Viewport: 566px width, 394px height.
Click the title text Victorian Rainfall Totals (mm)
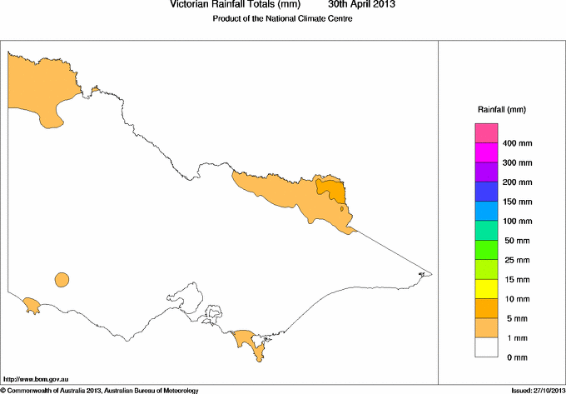tap(235, 5)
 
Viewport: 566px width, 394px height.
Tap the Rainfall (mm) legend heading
tap(501, 110)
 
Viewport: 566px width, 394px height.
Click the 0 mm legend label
tap(514, 357)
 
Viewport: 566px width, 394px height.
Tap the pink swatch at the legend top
tap(486, 133)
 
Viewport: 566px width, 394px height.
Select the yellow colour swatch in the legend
tap(486, 288)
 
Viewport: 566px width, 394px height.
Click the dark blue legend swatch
tap(486, 192)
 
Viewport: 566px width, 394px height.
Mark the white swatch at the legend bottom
tap(486, 347)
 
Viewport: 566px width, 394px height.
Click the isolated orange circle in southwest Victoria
tap(62, 280)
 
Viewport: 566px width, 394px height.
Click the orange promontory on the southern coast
tap(246, 338)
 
